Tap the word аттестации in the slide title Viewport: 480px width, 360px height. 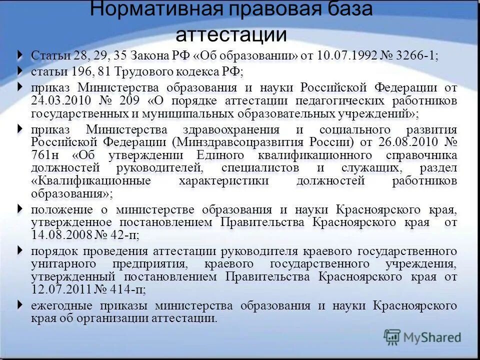pos(231,35)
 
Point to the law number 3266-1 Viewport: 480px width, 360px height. pos(415,56)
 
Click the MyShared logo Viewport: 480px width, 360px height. pos(422,337)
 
